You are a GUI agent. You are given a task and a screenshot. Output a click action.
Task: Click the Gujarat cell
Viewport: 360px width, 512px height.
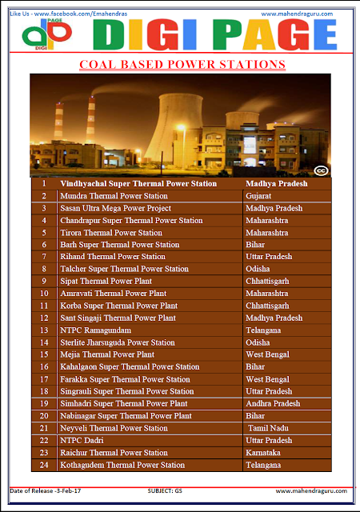[x=260, y=195]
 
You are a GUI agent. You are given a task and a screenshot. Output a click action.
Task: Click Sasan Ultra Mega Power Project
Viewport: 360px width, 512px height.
[x=115, y=207]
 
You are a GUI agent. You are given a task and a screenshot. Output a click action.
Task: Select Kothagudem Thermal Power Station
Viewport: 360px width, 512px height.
[x=122, y=465]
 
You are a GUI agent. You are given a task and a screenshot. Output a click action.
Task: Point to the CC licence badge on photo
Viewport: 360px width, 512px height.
[x=320, y=170]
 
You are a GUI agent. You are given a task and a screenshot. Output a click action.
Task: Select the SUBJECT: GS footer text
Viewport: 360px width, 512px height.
[x=169, y=490]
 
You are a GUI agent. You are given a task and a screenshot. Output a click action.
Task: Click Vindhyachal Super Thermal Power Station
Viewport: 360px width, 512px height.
[x=138, y=183]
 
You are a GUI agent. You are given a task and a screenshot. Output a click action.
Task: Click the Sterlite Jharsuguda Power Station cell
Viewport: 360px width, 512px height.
[x=118, y=342]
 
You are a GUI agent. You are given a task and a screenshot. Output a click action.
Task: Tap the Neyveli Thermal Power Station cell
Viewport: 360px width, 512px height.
[x=114, y=428]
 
